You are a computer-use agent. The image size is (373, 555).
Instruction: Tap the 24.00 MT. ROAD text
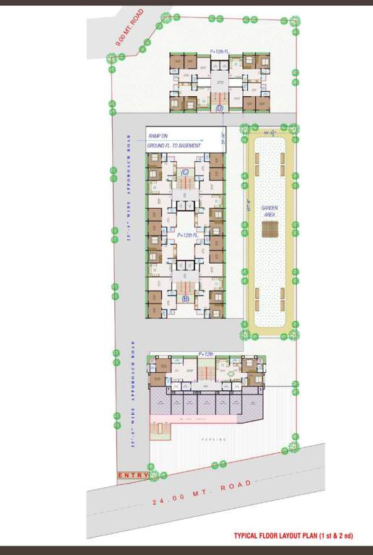[203, 491]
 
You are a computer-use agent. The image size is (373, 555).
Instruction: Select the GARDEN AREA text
[270, 210]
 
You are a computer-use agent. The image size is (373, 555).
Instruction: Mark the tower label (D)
[220, 108]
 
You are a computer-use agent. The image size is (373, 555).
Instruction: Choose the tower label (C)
[185, 172]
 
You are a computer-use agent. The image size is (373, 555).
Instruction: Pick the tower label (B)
[185, 298]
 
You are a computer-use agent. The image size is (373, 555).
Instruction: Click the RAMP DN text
[158, 136]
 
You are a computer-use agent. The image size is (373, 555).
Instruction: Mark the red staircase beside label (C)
[186, 186]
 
